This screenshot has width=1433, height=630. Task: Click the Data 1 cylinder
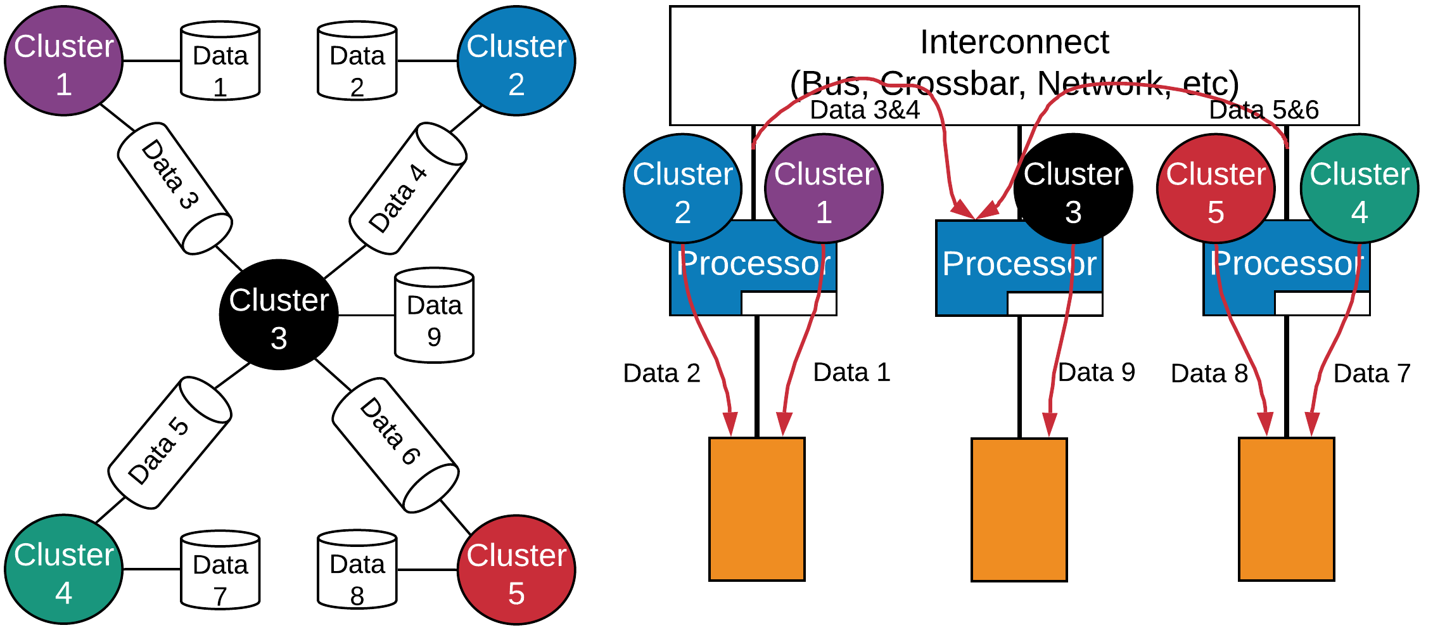click(x=220, y=61)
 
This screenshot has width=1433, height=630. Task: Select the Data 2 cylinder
click(x=357, y=61)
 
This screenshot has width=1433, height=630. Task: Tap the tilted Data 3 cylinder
click(x=174, y=188)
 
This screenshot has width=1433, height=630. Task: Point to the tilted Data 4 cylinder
click(x=408, y=188)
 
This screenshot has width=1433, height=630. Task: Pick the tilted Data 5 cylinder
click(x=169, y=443)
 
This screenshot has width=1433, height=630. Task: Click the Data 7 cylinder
click(x=220, y=570)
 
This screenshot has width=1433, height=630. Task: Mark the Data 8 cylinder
click(x=357, y=570)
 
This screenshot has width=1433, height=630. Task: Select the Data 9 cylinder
click(x=434, y=315)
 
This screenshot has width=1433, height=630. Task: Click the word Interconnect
click(x=1014, y=42)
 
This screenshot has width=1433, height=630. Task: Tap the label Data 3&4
click(x=865, y=110)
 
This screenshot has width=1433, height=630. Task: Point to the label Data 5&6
click(x=1264, y=110)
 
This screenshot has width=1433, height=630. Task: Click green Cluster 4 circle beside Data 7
click(x=63, y=569)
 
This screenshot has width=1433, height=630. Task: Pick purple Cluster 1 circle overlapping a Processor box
click(x=824, y=189)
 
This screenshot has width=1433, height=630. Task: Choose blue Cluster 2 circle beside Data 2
click(x=516, y=61)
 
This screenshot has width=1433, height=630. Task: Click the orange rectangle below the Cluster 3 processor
click(x=1019, y=510)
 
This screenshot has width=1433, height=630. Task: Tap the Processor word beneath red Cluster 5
click(x=1286, y=263)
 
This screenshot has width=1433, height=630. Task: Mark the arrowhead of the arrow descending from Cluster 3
click(x=1050, y=424)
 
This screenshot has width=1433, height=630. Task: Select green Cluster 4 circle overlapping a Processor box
click(x=1359, y=189)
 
